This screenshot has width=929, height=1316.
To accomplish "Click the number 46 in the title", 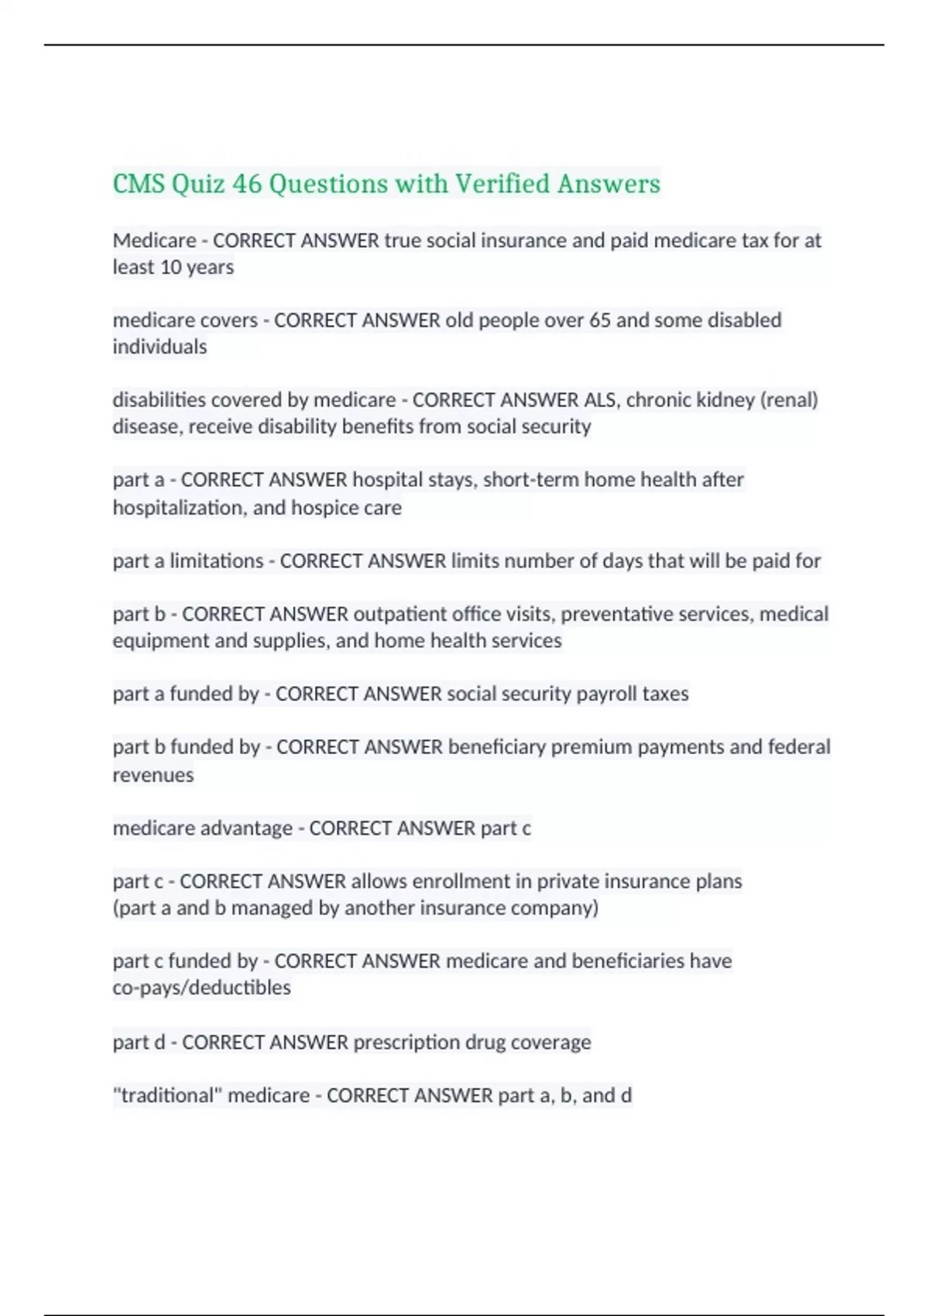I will click(x=247, y=184).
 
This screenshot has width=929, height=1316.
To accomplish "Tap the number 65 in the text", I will click(x=600, y=320).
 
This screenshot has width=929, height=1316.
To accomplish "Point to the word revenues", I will click(x=153, y=775).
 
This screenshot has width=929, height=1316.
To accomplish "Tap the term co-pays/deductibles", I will click(x=202, y=988).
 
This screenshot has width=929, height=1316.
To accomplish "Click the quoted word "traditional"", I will click(x=167, y=1095).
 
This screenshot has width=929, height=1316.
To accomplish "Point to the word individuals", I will click(x=159, y=347).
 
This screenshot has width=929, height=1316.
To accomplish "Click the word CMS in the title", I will click(x=139, y=184).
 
